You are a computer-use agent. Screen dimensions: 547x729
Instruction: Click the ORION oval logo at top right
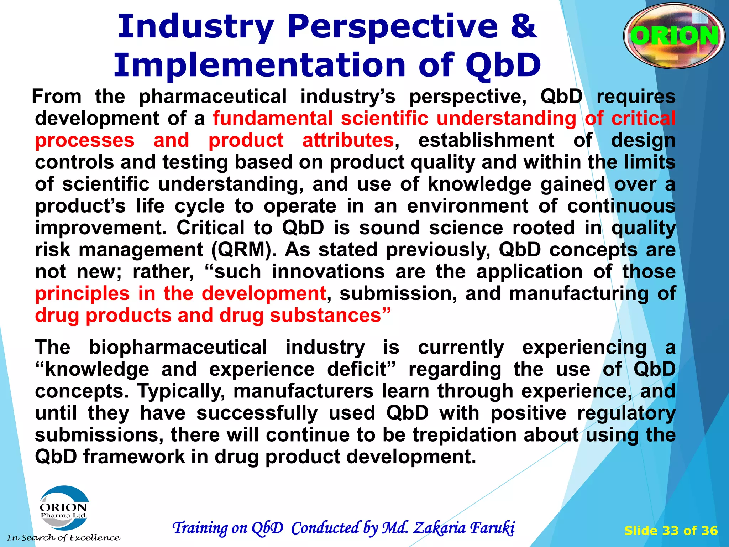(674, 36)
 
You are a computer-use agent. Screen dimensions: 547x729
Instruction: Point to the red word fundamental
(273, 118)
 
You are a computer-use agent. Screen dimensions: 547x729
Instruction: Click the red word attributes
(348, 140)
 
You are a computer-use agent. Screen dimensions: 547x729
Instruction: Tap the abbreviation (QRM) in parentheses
(243, 250)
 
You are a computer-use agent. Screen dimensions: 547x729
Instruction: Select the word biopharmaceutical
(178, 347)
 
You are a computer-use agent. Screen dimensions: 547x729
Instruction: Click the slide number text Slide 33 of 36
(671, 531)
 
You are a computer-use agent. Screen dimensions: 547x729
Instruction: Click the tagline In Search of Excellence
(64, 538)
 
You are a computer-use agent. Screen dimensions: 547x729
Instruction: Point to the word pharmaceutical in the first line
(213, 97)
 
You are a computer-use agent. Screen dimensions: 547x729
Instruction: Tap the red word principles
(82, 294)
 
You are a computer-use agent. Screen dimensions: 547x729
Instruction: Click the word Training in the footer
(200, 528)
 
